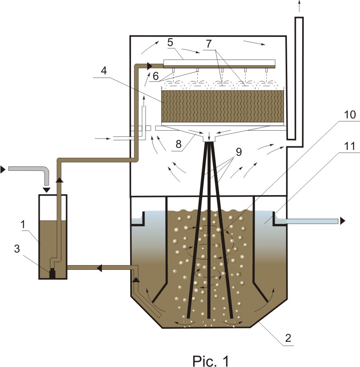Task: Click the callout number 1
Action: [x=23, y=225]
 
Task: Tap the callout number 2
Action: [x=288, y=338]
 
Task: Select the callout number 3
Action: [x=17, y=249]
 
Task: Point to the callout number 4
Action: [x=104, y=70]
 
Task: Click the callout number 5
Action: [x=170, y=42]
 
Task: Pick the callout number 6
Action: [x=156, y=76]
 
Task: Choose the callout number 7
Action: [x=209, y=44]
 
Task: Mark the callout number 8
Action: [x=179, y=144]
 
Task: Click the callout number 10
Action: [x=349, y=115]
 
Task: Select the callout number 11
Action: [x=350, y=146]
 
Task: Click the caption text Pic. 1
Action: [x=210, y=360]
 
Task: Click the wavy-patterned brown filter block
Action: [x=223, y=106]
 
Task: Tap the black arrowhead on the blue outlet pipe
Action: [x=343, y=221]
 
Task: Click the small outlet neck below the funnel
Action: [x=209, y=138]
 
